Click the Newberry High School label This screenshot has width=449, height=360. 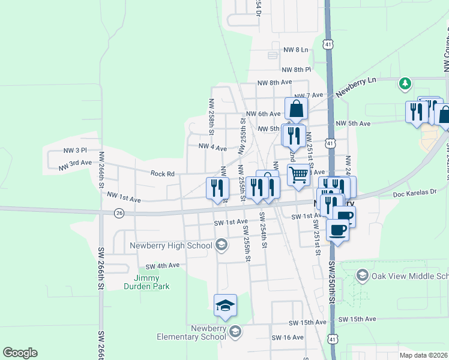click(x=171, y=245)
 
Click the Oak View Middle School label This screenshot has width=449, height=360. click(x=409, y=276)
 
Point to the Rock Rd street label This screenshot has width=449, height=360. click(x=162, y=174)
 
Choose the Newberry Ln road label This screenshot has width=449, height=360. click(x=355, y=87)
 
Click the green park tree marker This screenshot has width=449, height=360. click(x=405, y=83)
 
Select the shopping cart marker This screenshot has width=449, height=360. click(x=298, y=175)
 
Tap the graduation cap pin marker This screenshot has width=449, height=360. click(x=226, y=305)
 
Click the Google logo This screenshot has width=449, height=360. click(x=20, y=353)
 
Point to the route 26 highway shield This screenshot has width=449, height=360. click(x=119, y=213)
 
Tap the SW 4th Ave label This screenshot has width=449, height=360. click(x=163, y=265)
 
